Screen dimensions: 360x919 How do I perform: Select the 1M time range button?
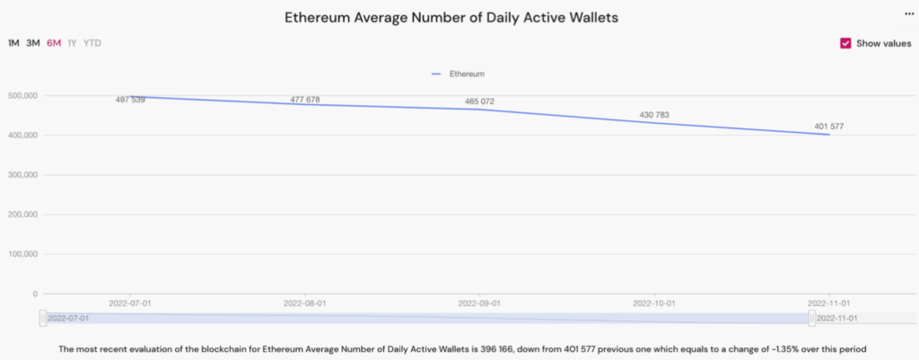point(13,43)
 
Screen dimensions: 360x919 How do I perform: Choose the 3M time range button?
point(33,43)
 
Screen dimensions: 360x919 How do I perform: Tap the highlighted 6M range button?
point(54,43)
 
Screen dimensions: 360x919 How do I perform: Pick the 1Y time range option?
point(72,43)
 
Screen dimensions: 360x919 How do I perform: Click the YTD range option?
point(92,43)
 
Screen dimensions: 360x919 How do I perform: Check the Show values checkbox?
point(845,43)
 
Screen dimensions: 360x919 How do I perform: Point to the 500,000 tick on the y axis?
point(22,95)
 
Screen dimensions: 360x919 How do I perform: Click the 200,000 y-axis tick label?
point(22,215)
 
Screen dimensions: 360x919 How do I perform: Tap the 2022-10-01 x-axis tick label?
point(654,304)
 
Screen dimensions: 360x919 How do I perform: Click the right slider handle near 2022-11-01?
point(812,319)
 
